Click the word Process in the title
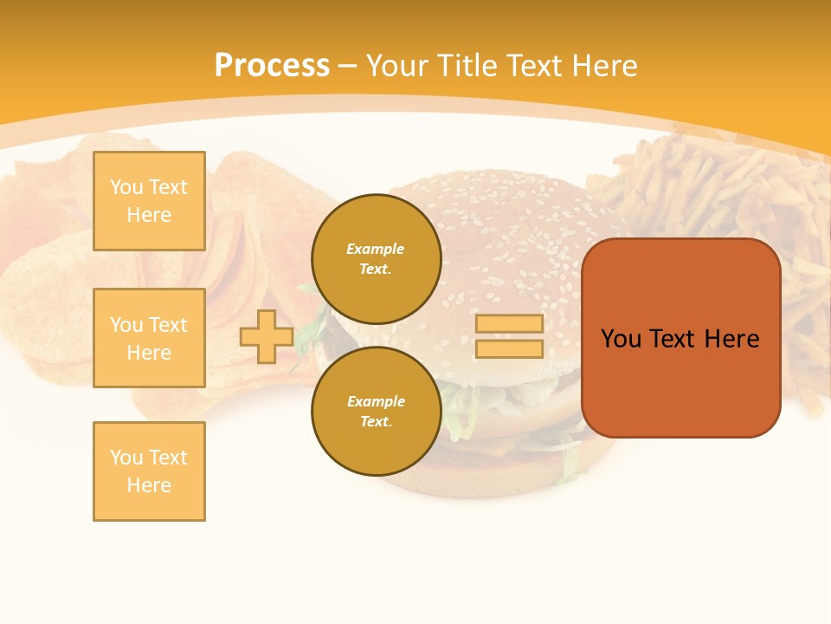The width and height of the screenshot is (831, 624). tap(272, 65)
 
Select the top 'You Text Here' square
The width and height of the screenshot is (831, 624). tap(149, 201)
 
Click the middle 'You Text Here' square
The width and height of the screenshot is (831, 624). tap(149, 338)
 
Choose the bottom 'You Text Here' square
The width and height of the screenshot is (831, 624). tap(149, 471)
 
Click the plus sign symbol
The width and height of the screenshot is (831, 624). tap(267, 336)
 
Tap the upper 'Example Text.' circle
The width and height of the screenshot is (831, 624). tap(376, 259)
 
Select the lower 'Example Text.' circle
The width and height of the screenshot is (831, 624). tap(376, 412)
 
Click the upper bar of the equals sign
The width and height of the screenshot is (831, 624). tap(509, 323)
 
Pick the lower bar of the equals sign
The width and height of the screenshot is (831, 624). tap(509, 348)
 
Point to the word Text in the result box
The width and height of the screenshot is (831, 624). tap(673, 339)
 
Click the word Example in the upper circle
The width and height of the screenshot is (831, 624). tap(376, 250)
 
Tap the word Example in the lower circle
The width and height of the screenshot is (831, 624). tap(376, 402)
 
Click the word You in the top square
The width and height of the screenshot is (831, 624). tap(126, 187)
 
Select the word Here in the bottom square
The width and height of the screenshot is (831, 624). tap(149, 485)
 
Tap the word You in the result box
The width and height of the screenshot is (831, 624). tap(621, 339)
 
